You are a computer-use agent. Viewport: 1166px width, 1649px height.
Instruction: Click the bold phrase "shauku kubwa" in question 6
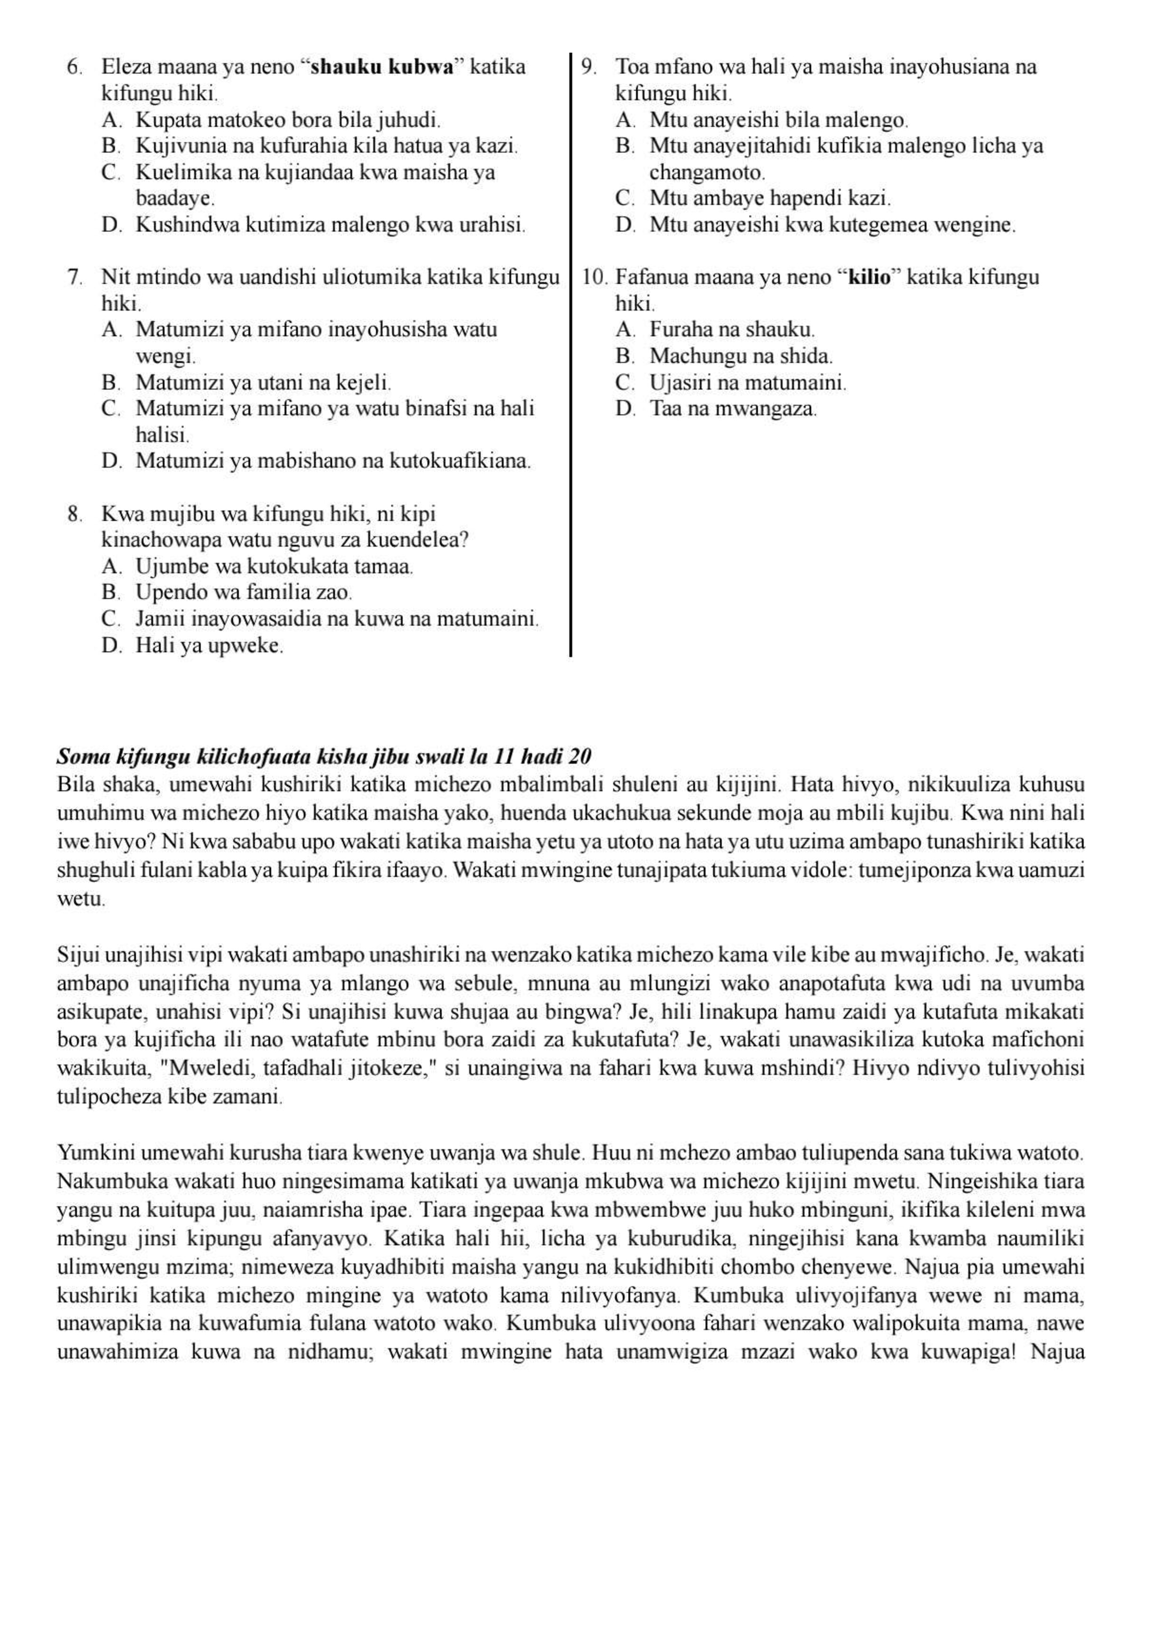[384, 67]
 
